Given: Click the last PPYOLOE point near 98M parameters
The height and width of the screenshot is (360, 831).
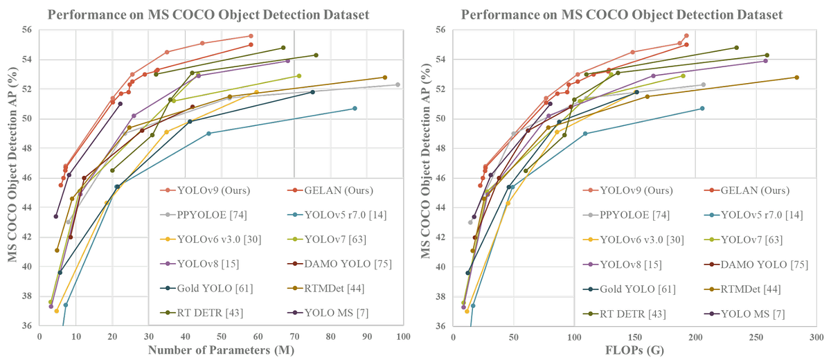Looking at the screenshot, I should tap(397, 84).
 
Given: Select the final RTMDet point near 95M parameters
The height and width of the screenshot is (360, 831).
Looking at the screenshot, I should tap(384, 78).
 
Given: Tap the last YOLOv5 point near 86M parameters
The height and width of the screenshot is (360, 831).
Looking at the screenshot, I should tap(355, 108).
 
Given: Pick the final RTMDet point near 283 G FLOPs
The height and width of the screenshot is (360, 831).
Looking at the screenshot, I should tap(796, 78).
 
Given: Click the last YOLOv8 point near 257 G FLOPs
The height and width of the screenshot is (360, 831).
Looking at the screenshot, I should tap(765, 61).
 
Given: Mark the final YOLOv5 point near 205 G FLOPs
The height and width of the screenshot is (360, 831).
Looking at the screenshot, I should tap(702, 108).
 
